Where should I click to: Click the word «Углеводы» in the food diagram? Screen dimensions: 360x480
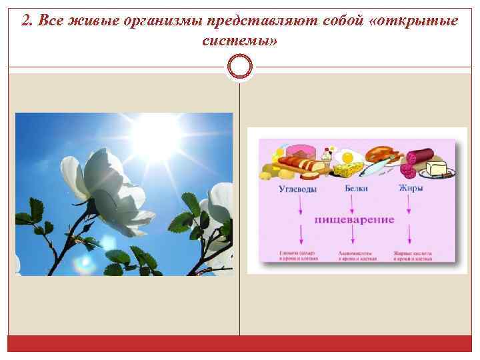[x=298, y=189]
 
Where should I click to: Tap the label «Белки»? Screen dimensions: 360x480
[x=356, y=189]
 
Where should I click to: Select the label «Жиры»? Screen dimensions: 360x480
[x=411, y=189]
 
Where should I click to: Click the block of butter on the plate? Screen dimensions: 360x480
[x=438, y=167]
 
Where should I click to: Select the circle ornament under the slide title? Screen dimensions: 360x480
[x=240, y=66]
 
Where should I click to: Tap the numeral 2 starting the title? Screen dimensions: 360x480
[x=25, y=20]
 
